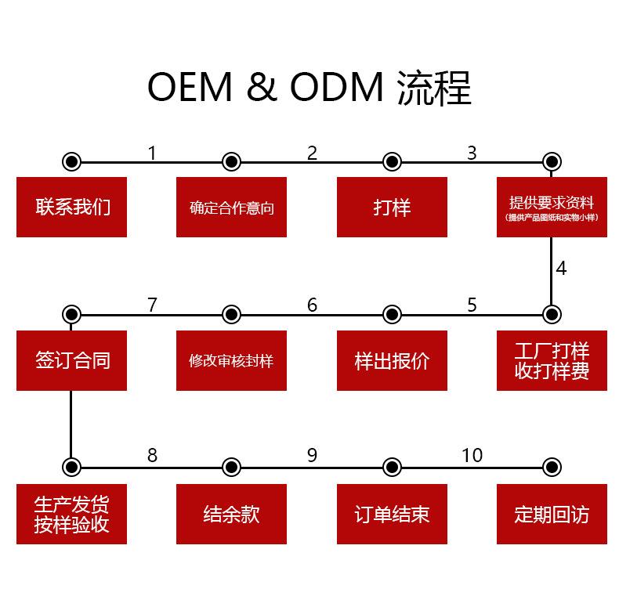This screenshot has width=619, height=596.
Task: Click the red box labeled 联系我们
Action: click(71, 207)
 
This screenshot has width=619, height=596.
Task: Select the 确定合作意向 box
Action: click(231, 207)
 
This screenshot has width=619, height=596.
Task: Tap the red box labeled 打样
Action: click(392, 207)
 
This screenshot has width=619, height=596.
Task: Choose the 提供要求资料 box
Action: click(552, 207)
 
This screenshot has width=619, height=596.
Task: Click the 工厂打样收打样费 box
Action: click(552, 360)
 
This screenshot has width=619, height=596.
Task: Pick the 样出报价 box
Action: click(392, 360)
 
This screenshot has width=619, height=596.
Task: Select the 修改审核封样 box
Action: click(231, 360)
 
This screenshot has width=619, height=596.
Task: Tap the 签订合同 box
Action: click(71, 360)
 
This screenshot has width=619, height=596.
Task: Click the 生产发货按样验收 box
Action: click(71, 514)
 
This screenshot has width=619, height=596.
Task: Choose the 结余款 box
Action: click(231, 514)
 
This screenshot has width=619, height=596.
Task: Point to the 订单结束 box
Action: click(392, 514)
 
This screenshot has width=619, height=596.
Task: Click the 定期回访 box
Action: click(552, 514)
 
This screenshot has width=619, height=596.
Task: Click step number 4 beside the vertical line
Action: click(561, 269)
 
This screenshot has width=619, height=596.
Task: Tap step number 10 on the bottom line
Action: click(472, 455)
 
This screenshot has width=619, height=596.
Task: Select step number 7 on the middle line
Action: click(152, 305)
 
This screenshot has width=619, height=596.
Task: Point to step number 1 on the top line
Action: click(152, 153)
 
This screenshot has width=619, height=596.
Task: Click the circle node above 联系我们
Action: click(71, 162)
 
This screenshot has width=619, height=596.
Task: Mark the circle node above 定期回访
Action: click(552, 468)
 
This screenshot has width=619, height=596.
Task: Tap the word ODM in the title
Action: click(337, 88)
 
